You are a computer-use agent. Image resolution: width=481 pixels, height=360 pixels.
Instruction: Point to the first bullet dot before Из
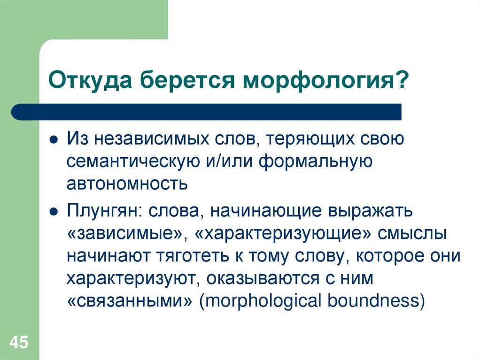click(x=54, y=140)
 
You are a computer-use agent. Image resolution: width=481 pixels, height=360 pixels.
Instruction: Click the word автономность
click(x=127, y=184)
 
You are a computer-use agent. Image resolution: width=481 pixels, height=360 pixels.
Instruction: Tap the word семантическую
click(x=127, y=161)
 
